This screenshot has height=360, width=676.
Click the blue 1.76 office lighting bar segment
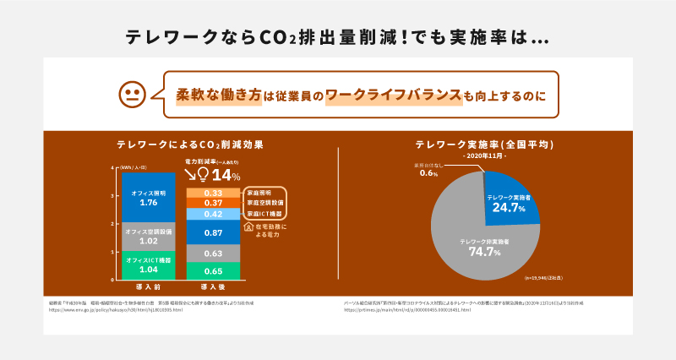click(x=149, y=199)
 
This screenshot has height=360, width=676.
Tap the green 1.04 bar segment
click(x=149, y=265)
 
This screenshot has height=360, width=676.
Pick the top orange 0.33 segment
click(x=213, y=193)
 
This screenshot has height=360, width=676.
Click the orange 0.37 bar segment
click(x=213, y=203)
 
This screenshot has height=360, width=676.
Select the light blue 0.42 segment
click(x=213, y=214)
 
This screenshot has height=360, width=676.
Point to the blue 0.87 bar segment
click(x=213, y=232)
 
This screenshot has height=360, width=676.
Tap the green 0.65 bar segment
click(x=213, y=270)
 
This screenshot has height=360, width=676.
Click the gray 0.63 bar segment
click(x=213, y=253)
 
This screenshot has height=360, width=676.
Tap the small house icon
click(x=248, y=226)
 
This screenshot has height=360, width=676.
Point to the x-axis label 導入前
click(x=149, y=288)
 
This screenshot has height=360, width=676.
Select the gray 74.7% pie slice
click(x=473, y=245)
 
